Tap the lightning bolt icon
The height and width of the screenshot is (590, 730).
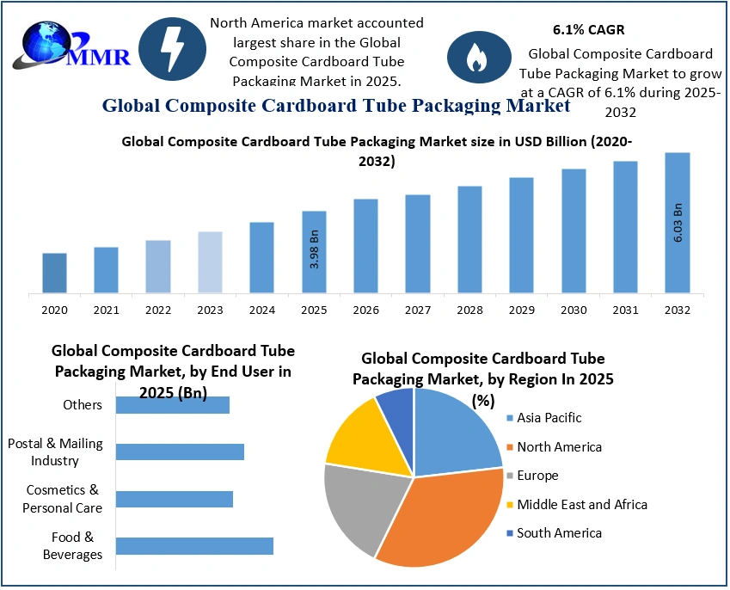pos(172,49)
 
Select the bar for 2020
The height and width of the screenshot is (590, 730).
pos(54,273)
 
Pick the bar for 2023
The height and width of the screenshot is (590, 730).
pos(210,262)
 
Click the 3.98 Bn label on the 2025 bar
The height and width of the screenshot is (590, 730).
pos(315,249)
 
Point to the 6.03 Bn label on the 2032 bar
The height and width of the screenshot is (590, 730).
pos(678,223)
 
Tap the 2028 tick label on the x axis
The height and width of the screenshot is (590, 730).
pos(469,310)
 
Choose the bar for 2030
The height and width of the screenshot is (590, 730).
pos(574,230)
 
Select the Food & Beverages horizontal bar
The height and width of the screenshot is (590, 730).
pos(194,545)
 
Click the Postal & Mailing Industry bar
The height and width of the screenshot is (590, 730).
pos(180,452)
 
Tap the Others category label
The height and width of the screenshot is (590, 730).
pos(83,405)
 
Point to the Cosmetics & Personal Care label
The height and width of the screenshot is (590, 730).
pos(64,499)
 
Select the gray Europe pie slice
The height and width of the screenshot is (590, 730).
pos(357,507)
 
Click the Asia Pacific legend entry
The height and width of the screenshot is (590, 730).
pos(549,418)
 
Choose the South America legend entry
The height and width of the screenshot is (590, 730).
pos(559,533)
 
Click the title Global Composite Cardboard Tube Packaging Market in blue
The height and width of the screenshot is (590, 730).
pos(335,106)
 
